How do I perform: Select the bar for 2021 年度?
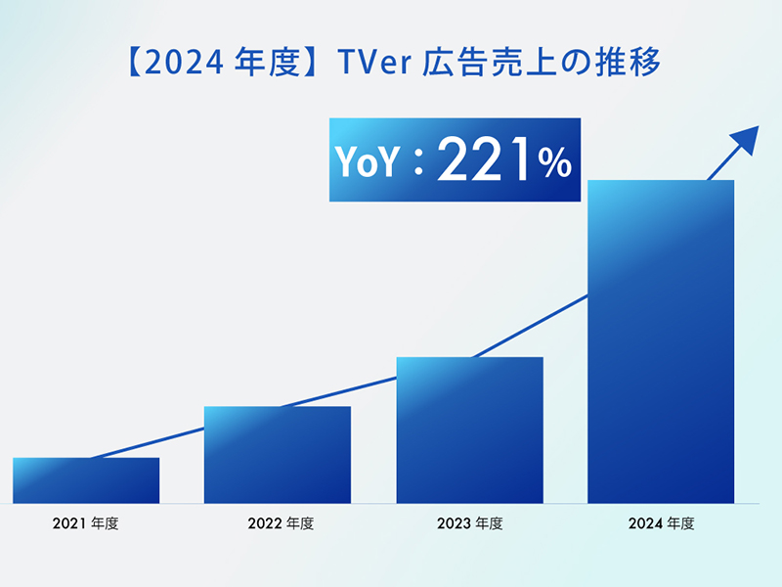(x=86, y=480)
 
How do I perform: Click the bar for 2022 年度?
(x=277, y=455)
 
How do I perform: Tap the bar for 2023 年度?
(x=469, y=430)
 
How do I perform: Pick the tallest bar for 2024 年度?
(x=661, y=342)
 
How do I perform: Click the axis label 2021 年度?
(x=85, y=523)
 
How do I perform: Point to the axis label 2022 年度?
(x=278, y=523)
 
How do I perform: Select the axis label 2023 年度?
(x=469, y=523)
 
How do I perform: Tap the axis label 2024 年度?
(x=661, y=523)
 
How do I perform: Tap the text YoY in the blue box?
(x=367, y=163)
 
